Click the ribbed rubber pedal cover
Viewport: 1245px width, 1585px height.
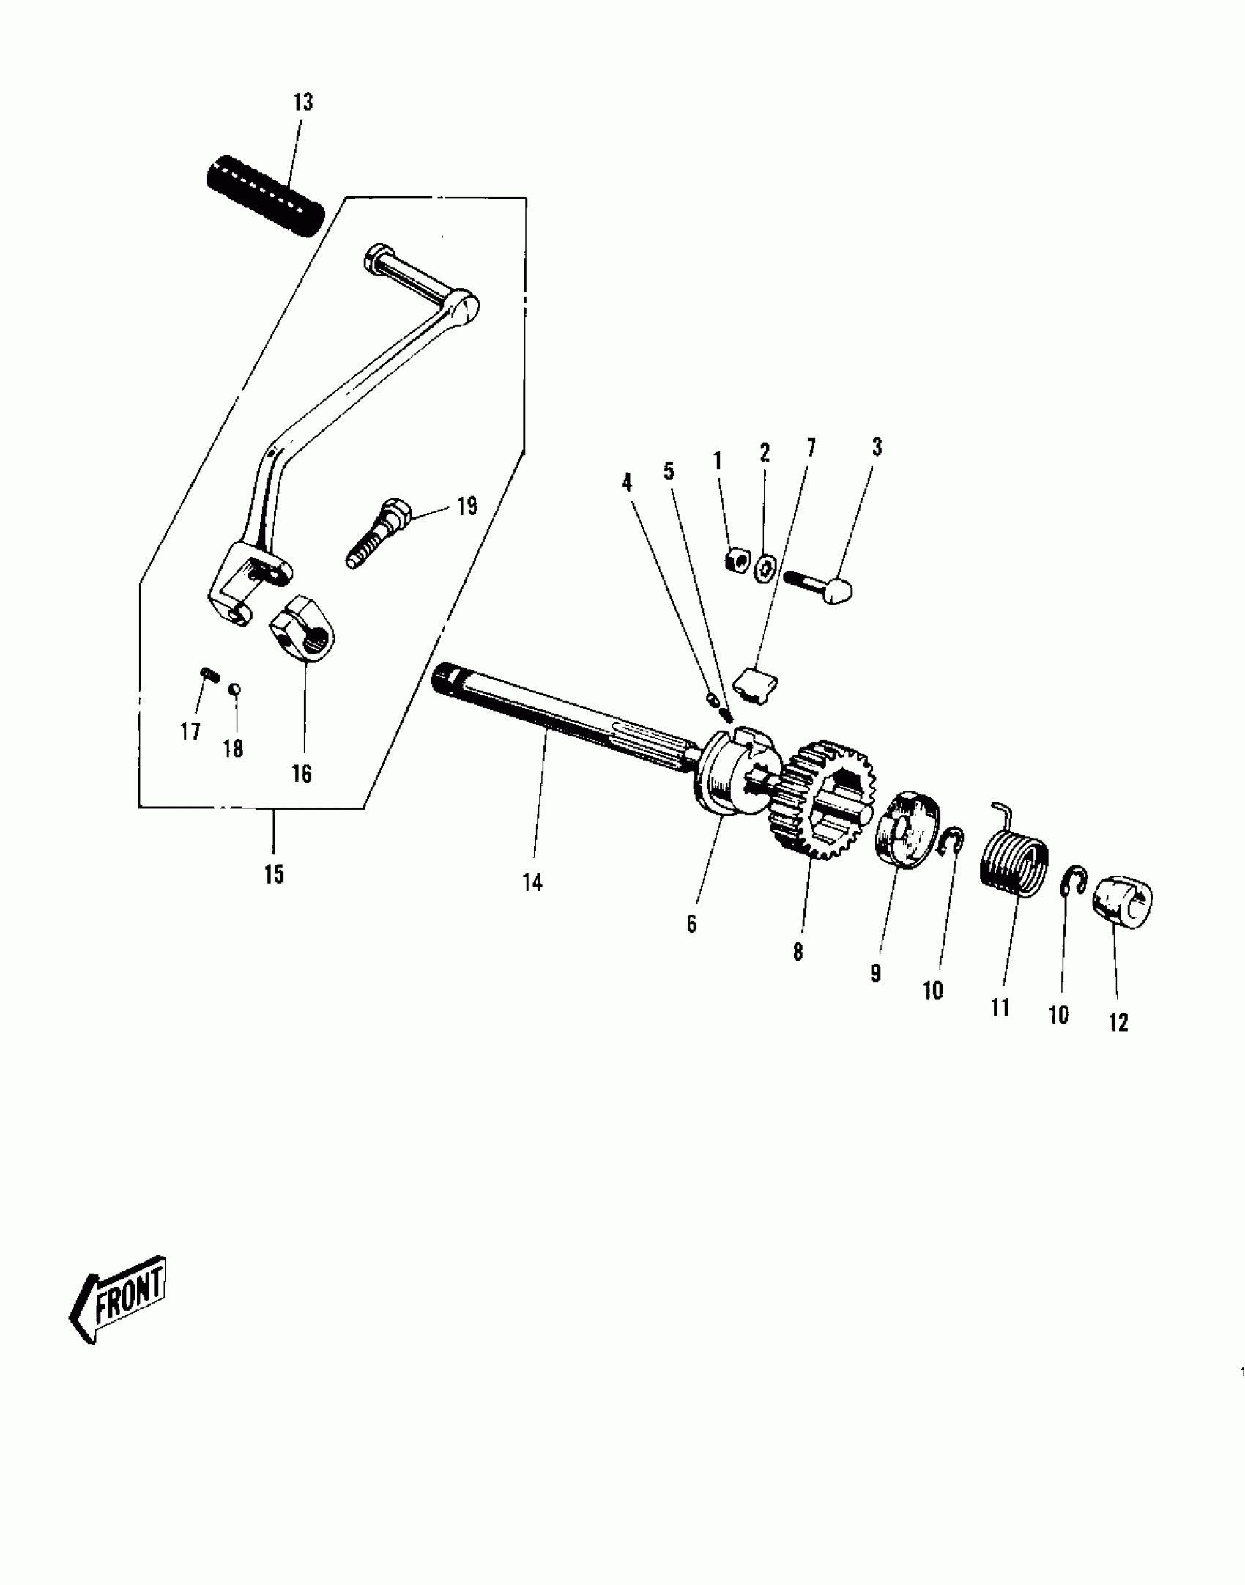click(x=264, y=197)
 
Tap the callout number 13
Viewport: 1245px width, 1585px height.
click(x=302, y=103)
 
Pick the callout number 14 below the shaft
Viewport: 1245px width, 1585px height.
click(x=532, y=883)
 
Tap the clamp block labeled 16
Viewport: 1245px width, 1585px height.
click(x=302, y=627)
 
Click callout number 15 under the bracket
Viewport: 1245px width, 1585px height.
click(x=274, y=874)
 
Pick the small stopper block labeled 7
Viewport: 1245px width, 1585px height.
click(x=757, y=684)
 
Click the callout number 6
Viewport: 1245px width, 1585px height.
click(x=692, y=924)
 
